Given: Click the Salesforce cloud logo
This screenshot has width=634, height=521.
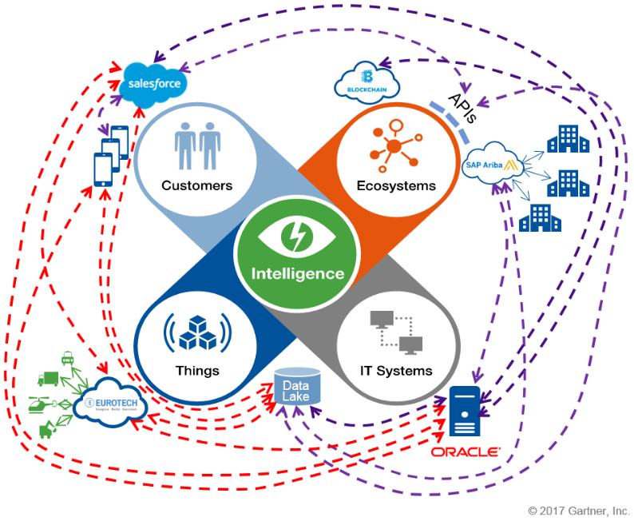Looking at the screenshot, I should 157,83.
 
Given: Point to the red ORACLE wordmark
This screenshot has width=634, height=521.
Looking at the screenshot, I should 466,452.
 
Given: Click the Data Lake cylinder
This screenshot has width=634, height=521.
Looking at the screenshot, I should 296,386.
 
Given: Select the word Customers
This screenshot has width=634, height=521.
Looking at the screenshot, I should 196,186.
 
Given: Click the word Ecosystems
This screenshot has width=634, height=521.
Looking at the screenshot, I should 396,186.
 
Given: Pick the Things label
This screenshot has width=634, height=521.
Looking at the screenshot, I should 197,371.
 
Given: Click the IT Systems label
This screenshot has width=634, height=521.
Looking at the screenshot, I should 396,371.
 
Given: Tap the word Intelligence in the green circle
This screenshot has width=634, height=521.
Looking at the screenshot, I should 298,273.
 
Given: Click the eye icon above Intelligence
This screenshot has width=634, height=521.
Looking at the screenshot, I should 297,237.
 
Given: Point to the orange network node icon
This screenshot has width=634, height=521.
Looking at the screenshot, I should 394,145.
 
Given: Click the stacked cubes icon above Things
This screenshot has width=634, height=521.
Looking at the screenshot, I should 196,332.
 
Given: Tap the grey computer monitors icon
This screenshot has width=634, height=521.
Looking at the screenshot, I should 396,330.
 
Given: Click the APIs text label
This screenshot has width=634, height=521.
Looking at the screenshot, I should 462,108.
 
